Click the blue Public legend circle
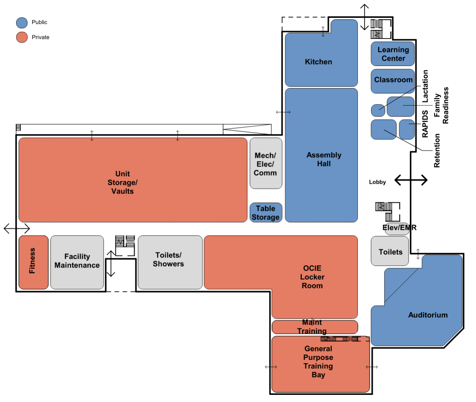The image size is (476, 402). point(22,23)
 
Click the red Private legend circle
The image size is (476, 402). point(22,37)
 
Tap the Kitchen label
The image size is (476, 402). point(318,62)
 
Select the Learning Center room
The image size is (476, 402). point(393,53)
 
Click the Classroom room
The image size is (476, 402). point(393,81)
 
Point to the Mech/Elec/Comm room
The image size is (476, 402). point(266,163)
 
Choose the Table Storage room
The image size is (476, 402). point(266,212)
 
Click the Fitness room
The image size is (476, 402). point(34,262)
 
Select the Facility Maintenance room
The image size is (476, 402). point(77,262)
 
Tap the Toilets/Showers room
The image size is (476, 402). point(170,262)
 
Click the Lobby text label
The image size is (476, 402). point(377,182)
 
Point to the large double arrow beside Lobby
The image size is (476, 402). point(411,180)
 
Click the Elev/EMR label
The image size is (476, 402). point(399,227)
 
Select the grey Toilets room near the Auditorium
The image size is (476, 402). point(390,251)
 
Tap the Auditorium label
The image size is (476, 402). point(428,315)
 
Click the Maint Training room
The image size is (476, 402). point(315,327)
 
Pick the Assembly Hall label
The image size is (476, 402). point(324,159)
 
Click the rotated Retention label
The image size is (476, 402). point(437,150)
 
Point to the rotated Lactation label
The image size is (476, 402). point(425,86)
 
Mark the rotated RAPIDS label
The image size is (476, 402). point(425,124)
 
